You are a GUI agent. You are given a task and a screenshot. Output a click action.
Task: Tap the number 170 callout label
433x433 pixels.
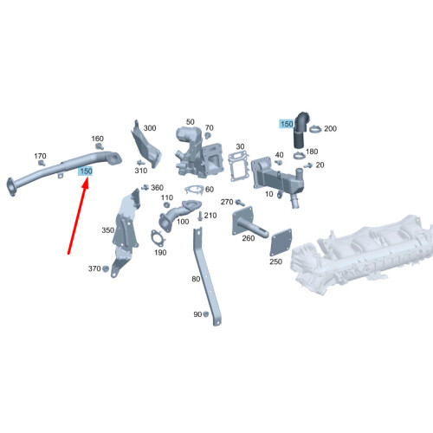point(40,157)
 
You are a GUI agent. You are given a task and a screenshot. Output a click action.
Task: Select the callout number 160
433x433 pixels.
point(97,139)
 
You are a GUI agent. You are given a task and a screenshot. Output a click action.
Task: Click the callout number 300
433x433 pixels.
point(150,128)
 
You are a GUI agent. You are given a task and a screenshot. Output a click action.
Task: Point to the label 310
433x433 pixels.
point(141,171)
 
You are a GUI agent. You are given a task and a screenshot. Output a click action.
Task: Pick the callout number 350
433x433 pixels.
point(107,230)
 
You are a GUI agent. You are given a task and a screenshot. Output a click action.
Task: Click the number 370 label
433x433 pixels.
point(94,269)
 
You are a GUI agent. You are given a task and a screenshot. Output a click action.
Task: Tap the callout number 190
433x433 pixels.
point(160,252)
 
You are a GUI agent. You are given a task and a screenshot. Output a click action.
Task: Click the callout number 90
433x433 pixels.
point(197,313)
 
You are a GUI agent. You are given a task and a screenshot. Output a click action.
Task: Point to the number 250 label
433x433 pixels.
point(275,261)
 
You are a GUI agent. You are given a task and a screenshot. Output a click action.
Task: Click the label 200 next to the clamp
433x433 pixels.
point(330,129)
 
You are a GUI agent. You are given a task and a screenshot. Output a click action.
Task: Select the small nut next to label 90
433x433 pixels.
point(207,314)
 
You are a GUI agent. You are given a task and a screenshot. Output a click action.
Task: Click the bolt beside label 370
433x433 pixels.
point(107,269)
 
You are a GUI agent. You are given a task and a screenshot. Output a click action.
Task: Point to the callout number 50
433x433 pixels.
point(190,123)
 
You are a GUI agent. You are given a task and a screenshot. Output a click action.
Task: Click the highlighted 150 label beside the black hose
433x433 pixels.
point(286,125)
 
